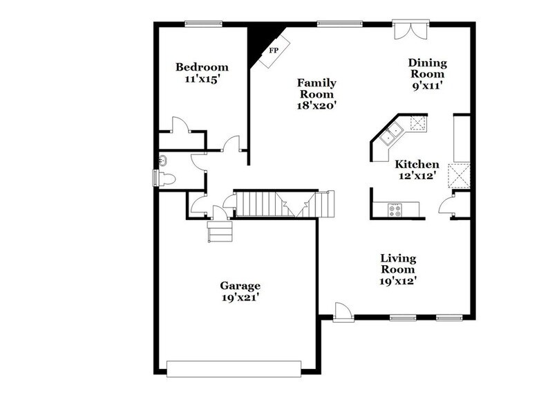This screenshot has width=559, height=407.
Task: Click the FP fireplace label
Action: [x=274, y=51]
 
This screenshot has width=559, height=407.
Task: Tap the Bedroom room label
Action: [x=202, y=67]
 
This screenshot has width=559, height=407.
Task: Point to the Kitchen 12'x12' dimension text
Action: [x=417, y=176]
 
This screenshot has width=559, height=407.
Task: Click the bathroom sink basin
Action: [x=163, y=161]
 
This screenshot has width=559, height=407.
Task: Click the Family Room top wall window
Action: [x=339, y=24]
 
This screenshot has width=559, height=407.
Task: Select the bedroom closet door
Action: [x=180, y=125]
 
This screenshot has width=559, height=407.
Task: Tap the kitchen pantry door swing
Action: [x=446, y=205]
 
